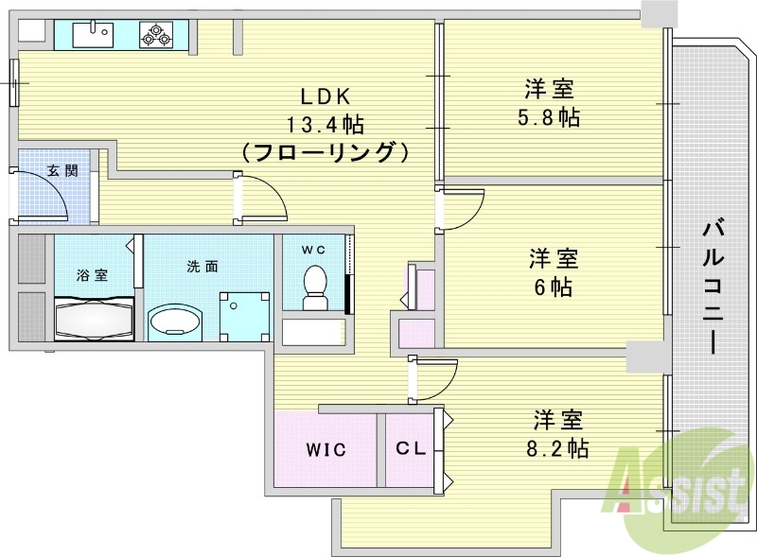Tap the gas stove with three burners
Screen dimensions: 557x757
(155, 36)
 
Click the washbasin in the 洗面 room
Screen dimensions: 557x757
(174, 320)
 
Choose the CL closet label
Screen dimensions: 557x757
(410, 449)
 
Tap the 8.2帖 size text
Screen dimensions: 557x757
(558, 447)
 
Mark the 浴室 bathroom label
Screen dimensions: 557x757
(92, 275)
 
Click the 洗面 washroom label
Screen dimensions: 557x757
(202, 266)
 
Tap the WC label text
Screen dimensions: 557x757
(313, 250)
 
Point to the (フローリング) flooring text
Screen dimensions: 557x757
(326, 151)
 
